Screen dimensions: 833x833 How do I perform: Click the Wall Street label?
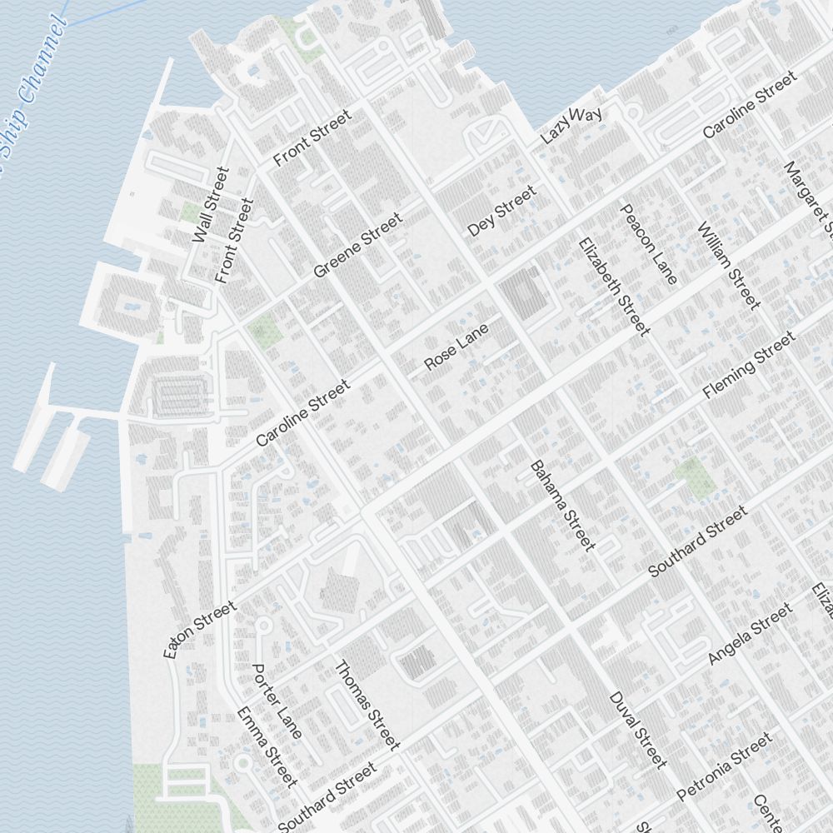point(210,205)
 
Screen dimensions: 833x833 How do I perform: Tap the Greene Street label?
point(357,246)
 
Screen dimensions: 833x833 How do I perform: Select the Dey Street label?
point(501,212)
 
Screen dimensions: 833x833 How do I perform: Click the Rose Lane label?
point(456,347)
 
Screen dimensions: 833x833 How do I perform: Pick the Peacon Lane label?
point(649,243)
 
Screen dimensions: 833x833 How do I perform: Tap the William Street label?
point(729,265)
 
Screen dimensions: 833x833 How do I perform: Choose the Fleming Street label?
point(749,365)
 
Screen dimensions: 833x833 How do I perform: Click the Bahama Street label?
point(563,505)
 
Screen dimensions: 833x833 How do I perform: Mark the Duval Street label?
point(638,729)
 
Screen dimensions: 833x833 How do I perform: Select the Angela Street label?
point(750,635)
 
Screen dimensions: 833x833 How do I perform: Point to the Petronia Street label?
point(724,766)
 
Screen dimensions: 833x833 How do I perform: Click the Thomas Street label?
point(367,705)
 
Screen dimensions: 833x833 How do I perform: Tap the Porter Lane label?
point(277,701)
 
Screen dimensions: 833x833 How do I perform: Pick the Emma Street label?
point(267,746)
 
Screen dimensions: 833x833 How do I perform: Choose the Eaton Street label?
point(200,630)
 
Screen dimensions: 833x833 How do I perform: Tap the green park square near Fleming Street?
point(695,477)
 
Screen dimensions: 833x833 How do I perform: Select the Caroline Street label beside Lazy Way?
point(749,105)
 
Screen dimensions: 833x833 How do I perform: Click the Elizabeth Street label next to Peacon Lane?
point(613,287)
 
